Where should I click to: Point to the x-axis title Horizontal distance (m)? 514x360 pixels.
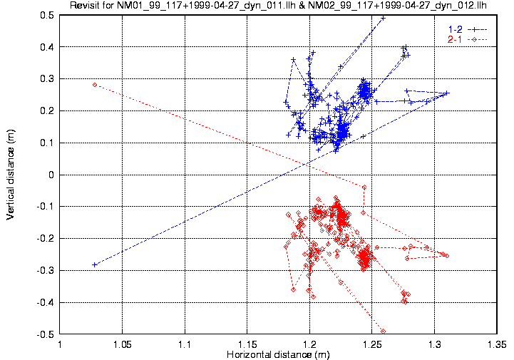pyautogui.click(x=278, y=354)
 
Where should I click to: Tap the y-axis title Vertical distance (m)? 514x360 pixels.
pyautogui.click(x=11, y=175)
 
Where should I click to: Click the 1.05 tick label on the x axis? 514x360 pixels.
pyautogui.click(x=123, y=343)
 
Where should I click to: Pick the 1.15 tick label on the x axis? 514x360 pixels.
pyautogui.click(x=247, y=343)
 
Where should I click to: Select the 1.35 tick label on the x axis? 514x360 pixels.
pyautogui.click(x=496, y=343)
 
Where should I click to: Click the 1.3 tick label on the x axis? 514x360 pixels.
pyautogui.click(x=434, y=343)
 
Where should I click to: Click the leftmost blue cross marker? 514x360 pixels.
pyautogui.click(x=95, y=264)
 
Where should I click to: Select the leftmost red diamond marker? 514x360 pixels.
pyautogui.click(x=95, y=85)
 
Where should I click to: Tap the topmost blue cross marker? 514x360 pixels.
pyautogui.click(x=383, y=19)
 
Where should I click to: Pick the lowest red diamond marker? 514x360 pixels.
pyautogui.click(x=383, y=331)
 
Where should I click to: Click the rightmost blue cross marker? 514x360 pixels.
pyautogui.click(x=447, y=93)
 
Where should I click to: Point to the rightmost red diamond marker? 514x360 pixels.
pyautogui.click(x=447, y=255)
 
